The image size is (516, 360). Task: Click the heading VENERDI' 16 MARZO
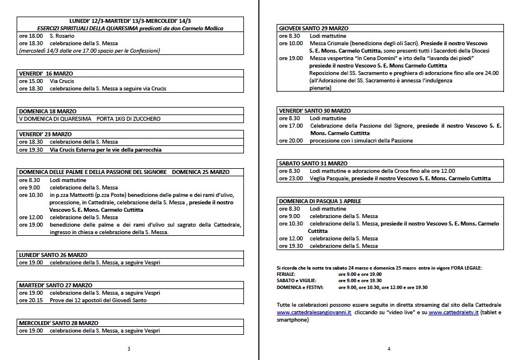46,74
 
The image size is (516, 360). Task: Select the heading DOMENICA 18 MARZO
48,111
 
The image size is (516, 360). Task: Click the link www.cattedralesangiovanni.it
313,312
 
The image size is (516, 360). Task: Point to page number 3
129,349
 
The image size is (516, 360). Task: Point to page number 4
388,349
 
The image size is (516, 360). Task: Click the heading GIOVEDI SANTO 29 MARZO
314,28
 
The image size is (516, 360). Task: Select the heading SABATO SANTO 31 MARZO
313,163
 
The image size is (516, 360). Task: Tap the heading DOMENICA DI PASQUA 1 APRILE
320,201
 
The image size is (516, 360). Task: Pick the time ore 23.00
290,178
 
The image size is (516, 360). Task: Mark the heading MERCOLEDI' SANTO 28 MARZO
58,323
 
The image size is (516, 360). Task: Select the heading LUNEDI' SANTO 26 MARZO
53,255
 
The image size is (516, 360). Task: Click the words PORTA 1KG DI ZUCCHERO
129,118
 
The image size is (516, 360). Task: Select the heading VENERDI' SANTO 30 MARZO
315,110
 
